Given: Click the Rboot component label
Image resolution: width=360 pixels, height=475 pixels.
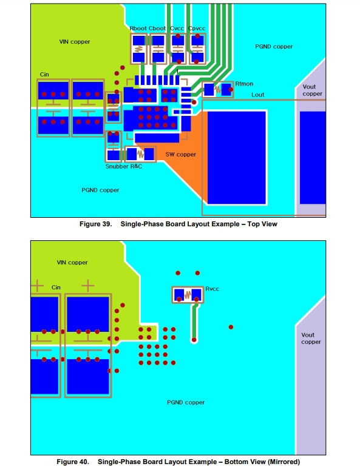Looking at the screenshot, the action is point(138,28).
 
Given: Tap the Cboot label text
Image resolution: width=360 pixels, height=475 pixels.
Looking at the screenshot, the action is point(157,28).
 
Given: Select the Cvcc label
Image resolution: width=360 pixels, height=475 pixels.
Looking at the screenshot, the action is point(177,28).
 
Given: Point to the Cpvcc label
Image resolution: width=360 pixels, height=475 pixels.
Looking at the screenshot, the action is point(197,29).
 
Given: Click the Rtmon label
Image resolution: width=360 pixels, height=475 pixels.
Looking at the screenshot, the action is point(244,84).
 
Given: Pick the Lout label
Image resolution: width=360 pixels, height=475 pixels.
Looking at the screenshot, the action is point(258,95).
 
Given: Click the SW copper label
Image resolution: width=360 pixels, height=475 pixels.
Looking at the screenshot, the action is point(180,155).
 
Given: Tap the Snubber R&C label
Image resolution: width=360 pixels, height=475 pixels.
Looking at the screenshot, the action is point(124,166).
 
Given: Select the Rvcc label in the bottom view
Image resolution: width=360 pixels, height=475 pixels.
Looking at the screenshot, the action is point(212,289).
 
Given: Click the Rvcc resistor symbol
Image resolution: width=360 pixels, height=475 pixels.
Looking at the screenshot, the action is point(188,294).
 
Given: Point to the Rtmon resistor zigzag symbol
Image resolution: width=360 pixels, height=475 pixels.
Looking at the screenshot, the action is point(217,90).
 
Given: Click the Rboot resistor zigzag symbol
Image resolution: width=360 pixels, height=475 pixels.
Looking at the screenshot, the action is point(139,49).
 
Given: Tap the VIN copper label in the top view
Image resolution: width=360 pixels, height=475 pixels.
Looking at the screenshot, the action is point(75,42).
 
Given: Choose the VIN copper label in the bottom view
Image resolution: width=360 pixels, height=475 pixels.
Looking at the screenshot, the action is point(72,262).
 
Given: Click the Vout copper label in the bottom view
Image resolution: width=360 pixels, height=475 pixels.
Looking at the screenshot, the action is point(311,339).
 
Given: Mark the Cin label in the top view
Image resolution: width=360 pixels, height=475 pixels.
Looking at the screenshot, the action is point(44,75).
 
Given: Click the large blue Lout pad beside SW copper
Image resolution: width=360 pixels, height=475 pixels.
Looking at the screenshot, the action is point(237,158).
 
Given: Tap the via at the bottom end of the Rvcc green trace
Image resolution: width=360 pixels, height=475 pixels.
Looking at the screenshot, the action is point(194,340).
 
